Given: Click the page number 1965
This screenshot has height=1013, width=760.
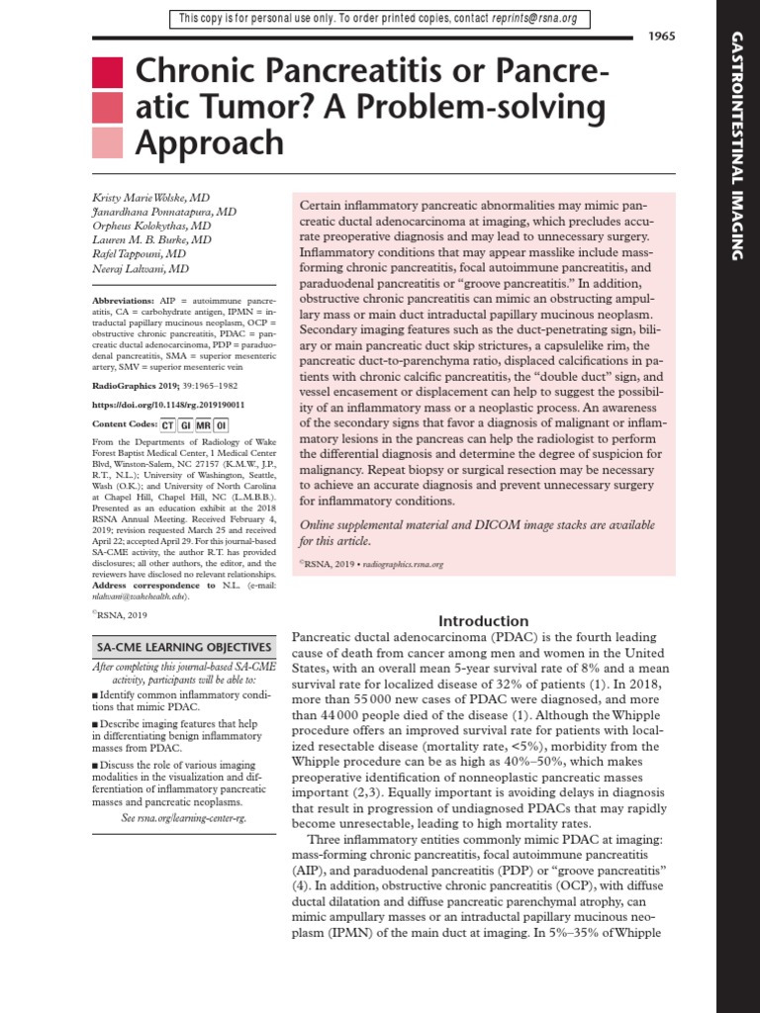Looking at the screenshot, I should click(661, 37).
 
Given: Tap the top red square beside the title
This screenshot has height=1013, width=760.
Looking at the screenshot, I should click(107, 73).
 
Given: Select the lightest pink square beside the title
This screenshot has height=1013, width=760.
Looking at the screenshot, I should click(107, 143).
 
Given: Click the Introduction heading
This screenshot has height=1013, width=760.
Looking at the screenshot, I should click(484, 621).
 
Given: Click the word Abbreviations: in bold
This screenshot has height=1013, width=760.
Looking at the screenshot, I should click(122, 299).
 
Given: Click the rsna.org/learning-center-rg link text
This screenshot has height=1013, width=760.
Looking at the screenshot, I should click(185, 818).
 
